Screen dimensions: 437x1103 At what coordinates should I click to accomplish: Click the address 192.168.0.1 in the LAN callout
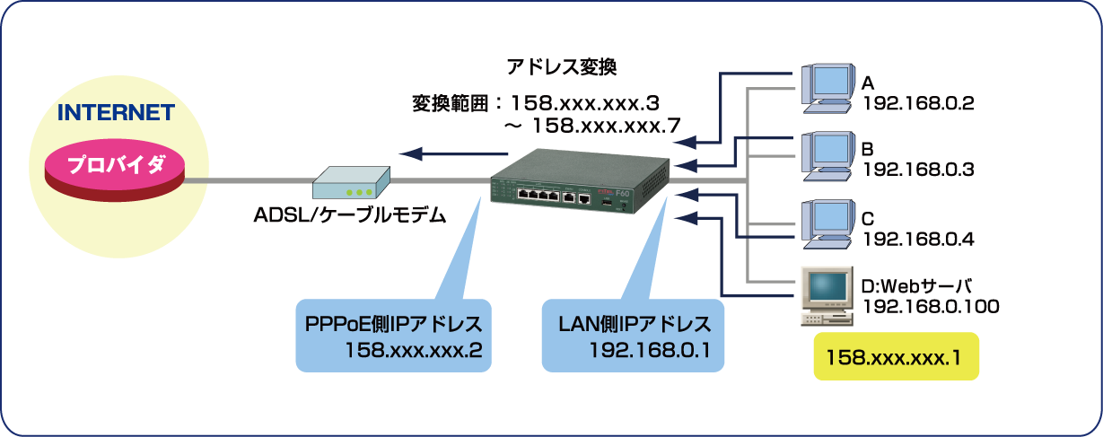coord(649,350)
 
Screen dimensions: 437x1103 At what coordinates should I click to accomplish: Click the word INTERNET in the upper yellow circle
coord(115,114)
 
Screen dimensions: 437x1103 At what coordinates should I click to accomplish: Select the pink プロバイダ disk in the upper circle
coord(115,167)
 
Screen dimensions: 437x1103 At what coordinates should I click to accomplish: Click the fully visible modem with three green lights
coord(351,185)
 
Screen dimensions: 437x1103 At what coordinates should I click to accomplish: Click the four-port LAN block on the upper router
coord(537,194)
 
